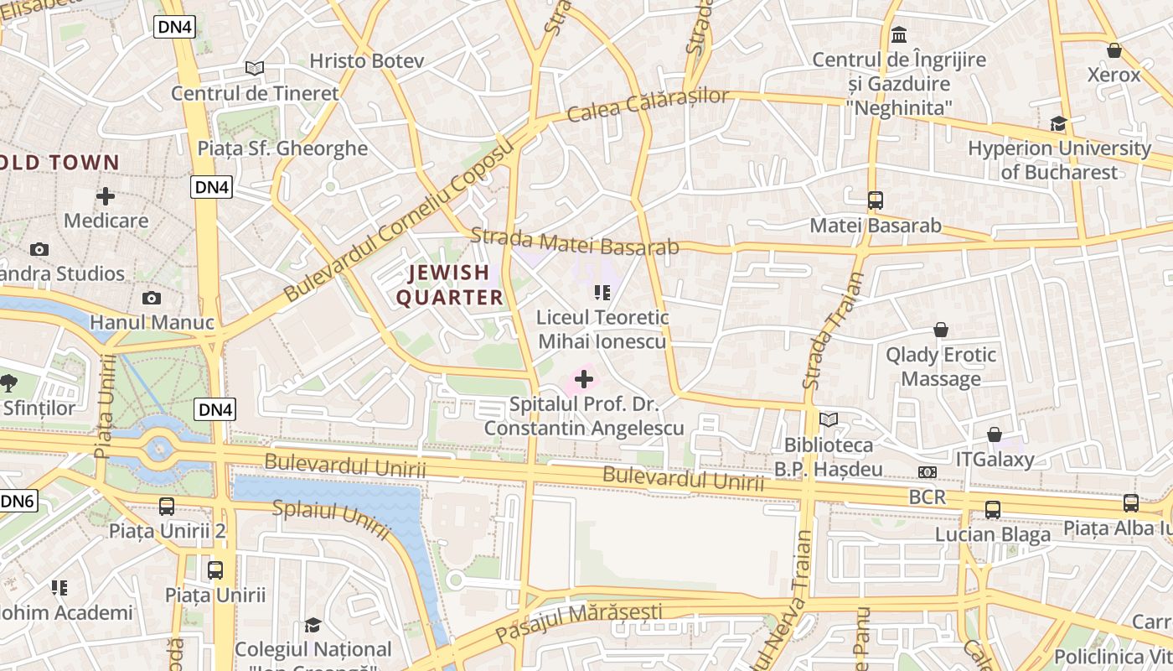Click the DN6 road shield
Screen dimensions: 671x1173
(x=17, y=502)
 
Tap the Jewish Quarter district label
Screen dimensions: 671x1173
(x=449, y=285)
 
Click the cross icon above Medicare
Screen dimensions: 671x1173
(x=106, y=196)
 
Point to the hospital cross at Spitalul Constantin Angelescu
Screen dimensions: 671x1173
(x=584, y=380)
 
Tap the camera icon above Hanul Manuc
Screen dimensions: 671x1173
(x=152, y=298)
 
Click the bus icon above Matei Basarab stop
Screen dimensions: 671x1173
(x=876, y=200)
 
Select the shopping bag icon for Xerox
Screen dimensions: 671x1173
(x=1114, y=50)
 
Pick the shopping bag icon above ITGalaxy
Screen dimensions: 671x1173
(x=995, y=434)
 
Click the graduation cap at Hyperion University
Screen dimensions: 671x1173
(x=1058, y=123)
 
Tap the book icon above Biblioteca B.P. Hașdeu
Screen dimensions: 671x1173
(x=829, y=419)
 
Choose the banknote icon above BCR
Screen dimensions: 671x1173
(x=927, y=472)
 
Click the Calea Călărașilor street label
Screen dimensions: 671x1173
(x=648, y=104)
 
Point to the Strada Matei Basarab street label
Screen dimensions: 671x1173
(x=574, y=241)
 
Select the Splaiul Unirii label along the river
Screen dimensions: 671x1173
(x=332, y=520)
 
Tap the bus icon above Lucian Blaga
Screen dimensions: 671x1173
(x=993, y=509)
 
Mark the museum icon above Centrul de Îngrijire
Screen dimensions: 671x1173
(x=900, y=35)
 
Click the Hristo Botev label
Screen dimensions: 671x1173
(x=367, y=61)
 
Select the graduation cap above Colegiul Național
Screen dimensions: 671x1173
(x=313, y=625)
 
